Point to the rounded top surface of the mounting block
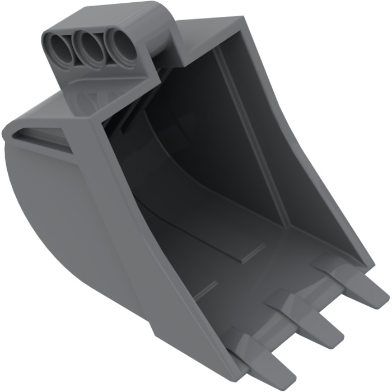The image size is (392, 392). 112,17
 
